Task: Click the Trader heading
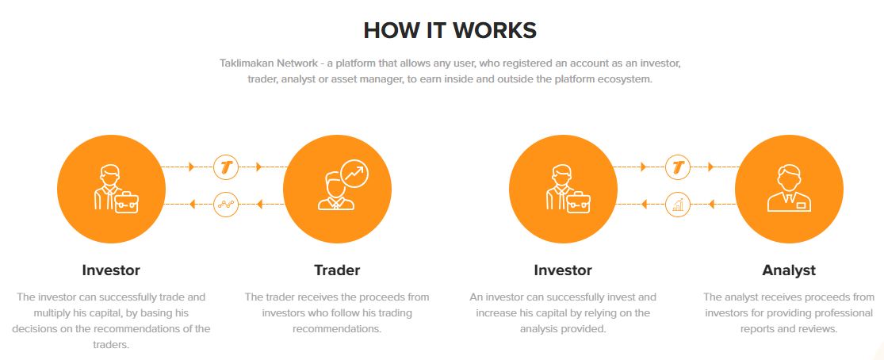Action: point(337,270)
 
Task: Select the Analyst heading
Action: point(789,270)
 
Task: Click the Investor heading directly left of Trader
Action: point(111,270)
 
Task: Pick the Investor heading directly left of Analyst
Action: point(563,270)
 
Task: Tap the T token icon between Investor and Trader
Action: point(226,167)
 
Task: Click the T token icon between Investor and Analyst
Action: point(678,167)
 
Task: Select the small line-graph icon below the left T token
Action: point(226,205)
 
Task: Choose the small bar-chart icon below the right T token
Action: point(678,205)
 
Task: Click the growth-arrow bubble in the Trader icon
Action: point(354,174)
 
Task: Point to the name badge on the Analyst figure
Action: point(801,205)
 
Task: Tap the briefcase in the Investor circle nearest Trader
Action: point(126,202)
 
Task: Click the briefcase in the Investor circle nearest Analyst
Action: point(579,202)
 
